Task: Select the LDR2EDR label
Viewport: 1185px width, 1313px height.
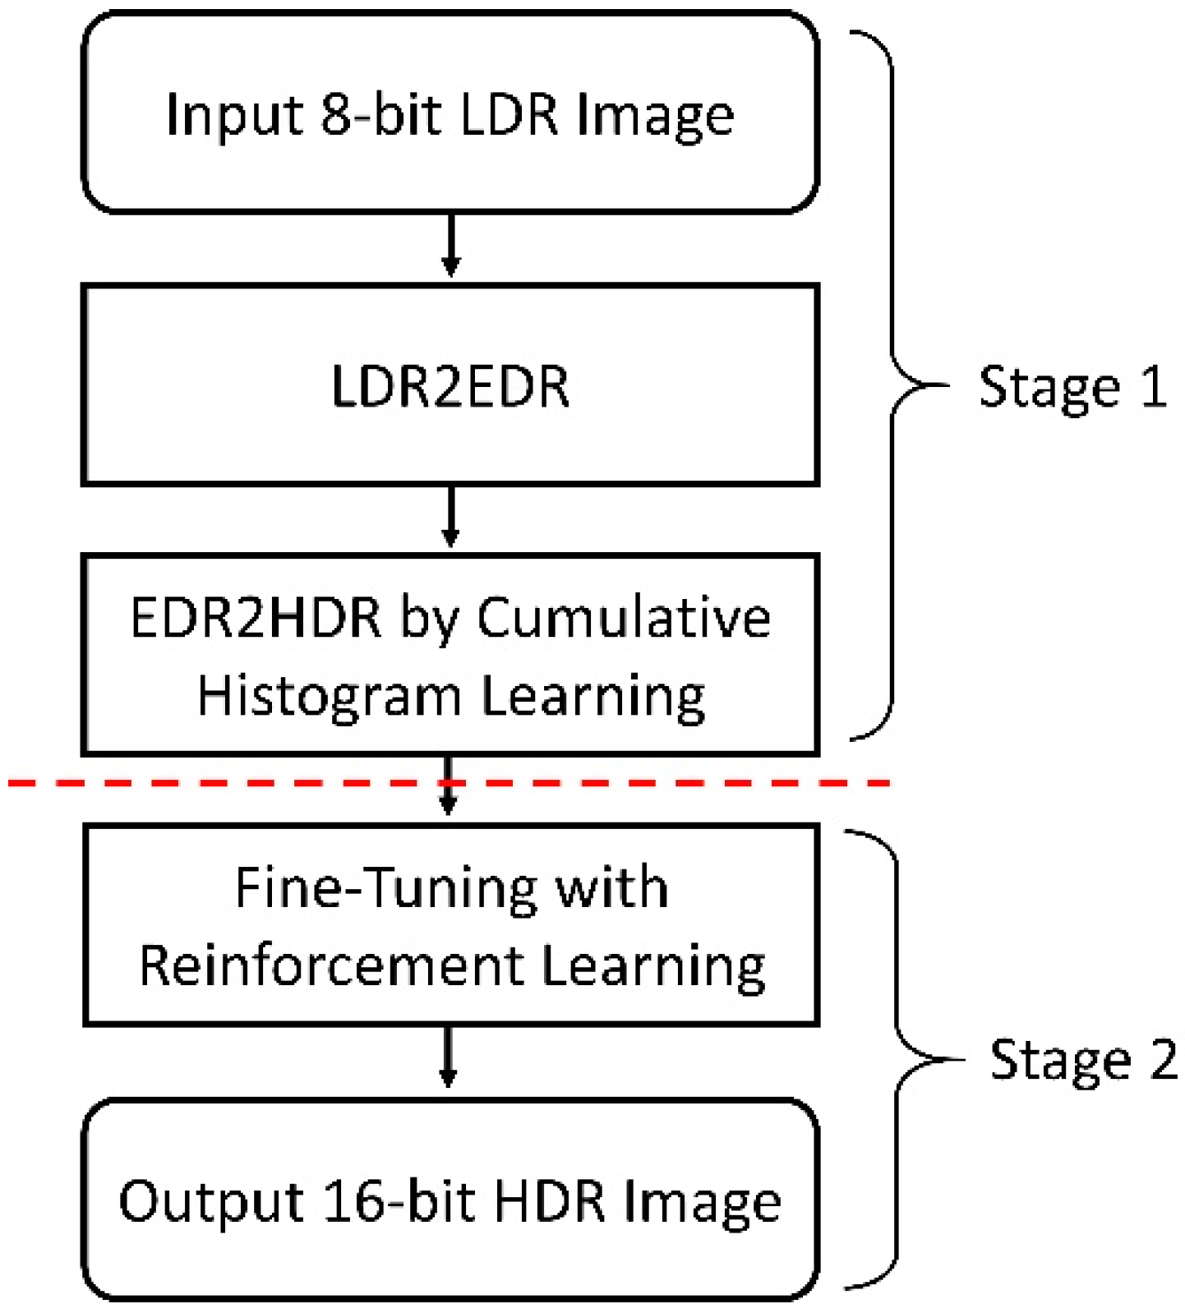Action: tap(450, 386)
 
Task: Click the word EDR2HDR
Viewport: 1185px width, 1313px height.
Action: tap(256, 617)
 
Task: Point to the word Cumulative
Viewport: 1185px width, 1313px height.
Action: tap(624, 617)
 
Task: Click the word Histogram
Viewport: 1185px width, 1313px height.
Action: tap(329, 697)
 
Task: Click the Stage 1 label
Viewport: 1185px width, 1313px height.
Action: tap(1072, 386)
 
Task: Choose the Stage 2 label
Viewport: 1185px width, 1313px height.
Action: tap(1083, 1060)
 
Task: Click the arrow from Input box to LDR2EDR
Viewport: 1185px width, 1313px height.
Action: tap(450, 246)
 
